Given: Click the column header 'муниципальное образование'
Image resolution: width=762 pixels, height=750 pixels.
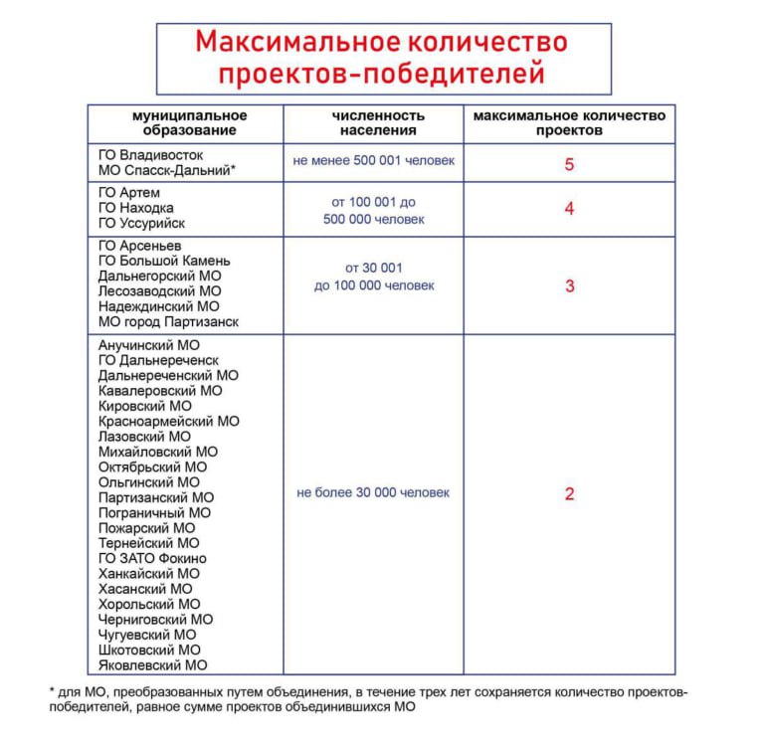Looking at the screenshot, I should point(189,123).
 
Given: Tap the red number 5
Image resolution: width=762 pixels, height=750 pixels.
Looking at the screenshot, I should point(569,164).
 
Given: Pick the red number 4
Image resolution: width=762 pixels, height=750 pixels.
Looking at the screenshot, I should point(569,209).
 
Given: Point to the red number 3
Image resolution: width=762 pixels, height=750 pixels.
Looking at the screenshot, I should point(569,286).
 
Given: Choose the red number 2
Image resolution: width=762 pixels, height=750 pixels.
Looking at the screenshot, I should point(569,494).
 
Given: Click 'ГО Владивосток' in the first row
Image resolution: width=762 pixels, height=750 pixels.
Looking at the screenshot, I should point(150,155).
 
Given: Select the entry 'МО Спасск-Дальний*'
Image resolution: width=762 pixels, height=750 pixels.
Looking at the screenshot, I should point(166,171).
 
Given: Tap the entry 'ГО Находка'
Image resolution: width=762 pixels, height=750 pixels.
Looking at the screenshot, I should point(136,208).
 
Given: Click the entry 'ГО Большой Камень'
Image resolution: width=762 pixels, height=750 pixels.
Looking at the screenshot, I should point(164,261).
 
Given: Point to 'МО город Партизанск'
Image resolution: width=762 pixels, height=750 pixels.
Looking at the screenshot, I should point(168,322).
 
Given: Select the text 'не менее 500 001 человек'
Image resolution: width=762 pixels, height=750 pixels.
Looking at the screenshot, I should point(373,160).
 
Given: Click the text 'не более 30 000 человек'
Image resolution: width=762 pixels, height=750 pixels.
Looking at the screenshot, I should point(373,492).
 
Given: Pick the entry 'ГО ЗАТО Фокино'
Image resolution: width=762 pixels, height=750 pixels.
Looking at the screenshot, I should point(152,559).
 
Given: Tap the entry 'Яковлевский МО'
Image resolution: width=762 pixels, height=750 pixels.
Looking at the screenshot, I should point(152,665).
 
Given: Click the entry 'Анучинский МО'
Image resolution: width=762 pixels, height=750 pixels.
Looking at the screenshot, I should point(148,345).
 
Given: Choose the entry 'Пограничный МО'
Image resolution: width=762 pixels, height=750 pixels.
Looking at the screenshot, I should point(154,513).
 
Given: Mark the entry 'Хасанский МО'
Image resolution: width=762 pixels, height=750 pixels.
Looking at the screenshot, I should point(145,589).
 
